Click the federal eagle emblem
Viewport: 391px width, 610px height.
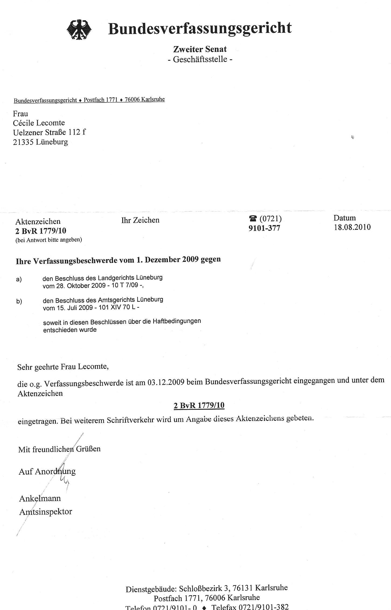[x=79, y=30]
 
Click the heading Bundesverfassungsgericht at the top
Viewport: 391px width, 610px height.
[x=200, y=28]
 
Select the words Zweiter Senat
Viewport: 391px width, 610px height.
[x=200, y=49]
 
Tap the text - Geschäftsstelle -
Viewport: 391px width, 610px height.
[x=200, y=59]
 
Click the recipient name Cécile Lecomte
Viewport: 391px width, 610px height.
[x=39, y=123]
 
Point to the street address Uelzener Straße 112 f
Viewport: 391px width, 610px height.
[x=49, y=132]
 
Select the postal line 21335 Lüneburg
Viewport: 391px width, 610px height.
[x=40, y=142]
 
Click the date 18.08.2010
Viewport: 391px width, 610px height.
[x=352, y=227]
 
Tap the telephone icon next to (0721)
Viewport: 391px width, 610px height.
[x=253, y=218]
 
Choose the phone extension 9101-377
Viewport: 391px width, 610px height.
[x=264, y=228]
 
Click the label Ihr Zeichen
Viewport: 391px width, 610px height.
[x=140, y=220]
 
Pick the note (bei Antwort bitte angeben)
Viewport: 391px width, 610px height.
[x=49, y=240]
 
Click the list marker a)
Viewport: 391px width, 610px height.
[x=19, y=279]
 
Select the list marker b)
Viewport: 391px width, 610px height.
[x=19, y=301]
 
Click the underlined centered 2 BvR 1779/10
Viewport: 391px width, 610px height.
[x=199, y=405]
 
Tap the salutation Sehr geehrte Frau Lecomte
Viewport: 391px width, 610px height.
[x=63, y=367]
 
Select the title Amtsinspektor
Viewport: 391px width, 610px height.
[x=46, y=512]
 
